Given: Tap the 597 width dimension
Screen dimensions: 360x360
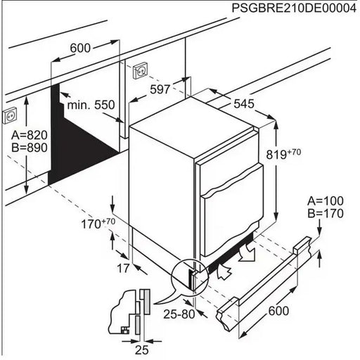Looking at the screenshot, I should point(160,89).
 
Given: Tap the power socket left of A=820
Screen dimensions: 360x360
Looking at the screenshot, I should point(10,114).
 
